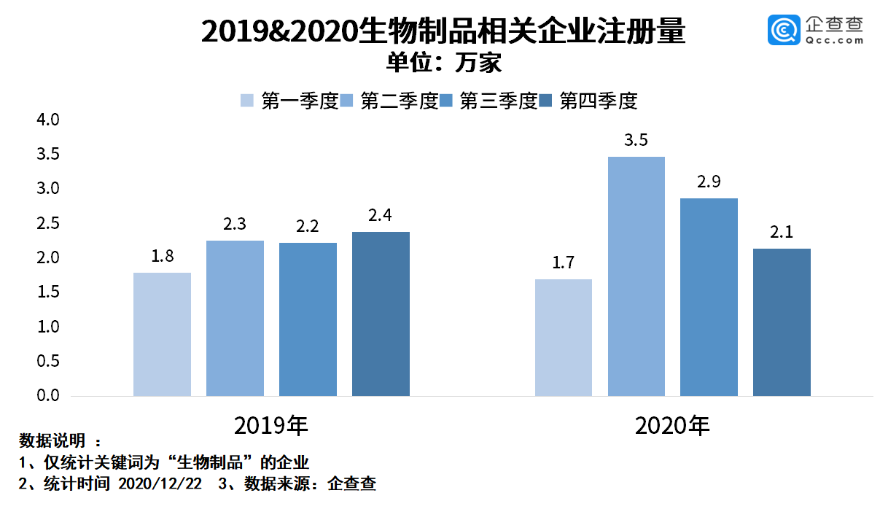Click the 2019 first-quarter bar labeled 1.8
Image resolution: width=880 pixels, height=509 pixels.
pos(162,334)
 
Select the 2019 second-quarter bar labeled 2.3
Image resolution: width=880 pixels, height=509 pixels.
pos(235,318)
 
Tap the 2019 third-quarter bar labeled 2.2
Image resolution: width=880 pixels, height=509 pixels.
pos(308,319)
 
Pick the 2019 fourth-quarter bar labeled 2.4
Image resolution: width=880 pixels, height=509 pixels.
pos(381,314)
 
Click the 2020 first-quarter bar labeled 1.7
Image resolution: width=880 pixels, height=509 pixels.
pos(563,338)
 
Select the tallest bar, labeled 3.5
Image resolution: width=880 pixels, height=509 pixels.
pos(636,276)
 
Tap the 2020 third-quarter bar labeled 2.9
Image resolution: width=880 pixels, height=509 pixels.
pos(709,297)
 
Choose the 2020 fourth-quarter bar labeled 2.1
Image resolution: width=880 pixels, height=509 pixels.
pos(782,322)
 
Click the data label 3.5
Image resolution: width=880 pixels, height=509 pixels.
pos(636,140)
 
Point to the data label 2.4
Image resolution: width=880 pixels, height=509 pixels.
pos(381,215)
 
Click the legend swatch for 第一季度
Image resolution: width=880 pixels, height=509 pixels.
pos(247,101)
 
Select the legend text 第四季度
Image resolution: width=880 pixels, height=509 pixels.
pos(598,101)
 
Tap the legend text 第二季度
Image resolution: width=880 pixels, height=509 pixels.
pos(399,101)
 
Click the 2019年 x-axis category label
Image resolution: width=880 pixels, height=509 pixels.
pos(271,425)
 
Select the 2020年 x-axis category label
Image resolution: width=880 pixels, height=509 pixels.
pos(672,425)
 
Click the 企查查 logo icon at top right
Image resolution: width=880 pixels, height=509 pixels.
pos(784,30)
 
